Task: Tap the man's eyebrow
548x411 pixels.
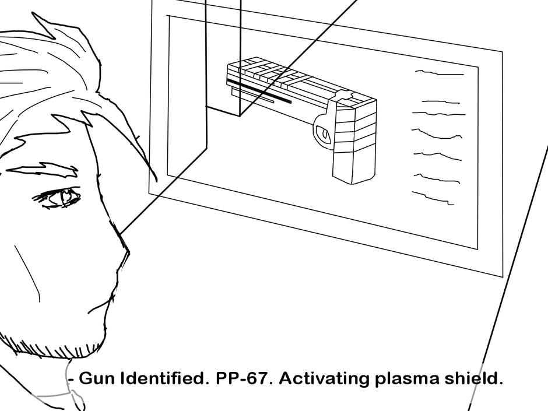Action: coord(44,170)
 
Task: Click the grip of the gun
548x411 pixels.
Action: coord(354,146)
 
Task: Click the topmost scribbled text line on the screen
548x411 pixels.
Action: coord(438,73)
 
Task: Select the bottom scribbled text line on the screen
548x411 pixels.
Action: coord(433,198)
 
